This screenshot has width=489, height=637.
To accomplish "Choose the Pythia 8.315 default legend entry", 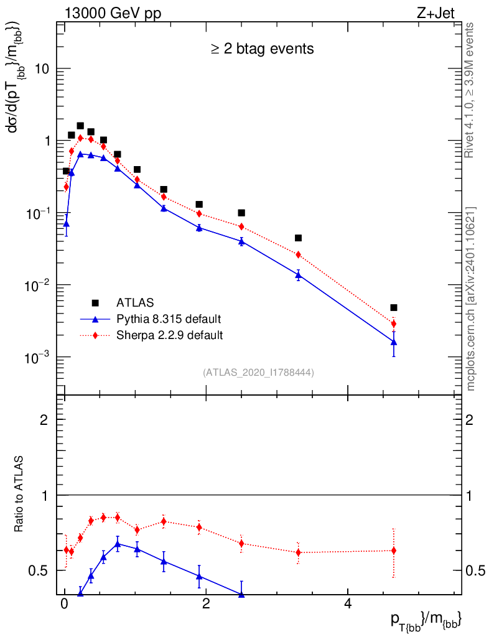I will pyautogui.click(x=168, y=319).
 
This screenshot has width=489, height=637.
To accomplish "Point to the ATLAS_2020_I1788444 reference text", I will pyautogui.click(x=258, y=373).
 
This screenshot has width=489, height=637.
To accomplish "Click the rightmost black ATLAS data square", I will pyautogui.click(x=394, y=307).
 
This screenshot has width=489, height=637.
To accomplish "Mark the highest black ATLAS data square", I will pyautogui.click(x=80, y=126).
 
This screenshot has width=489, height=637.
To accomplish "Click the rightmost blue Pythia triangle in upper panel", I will pyautogui.click(x=394, y=342).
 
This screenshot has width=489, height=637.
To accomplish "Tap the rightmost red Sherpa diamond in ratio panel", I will pyautogui.click(x=394, y=551).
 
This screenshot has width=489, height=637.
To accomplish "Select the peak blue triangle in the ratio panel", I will pyautogui.click(x=118, y=544).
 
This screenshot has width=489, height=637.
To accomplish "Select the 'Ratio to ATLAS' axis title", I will pyautogui.click(x=19, y=495).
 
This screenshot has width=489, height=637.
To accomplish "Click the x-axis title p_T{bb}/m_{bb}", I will pyautogui.click(x=426, y=620).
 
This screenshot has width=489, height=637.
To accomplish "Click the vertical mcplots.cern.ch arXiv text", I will pyautogui.click(x=471, y=299).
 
